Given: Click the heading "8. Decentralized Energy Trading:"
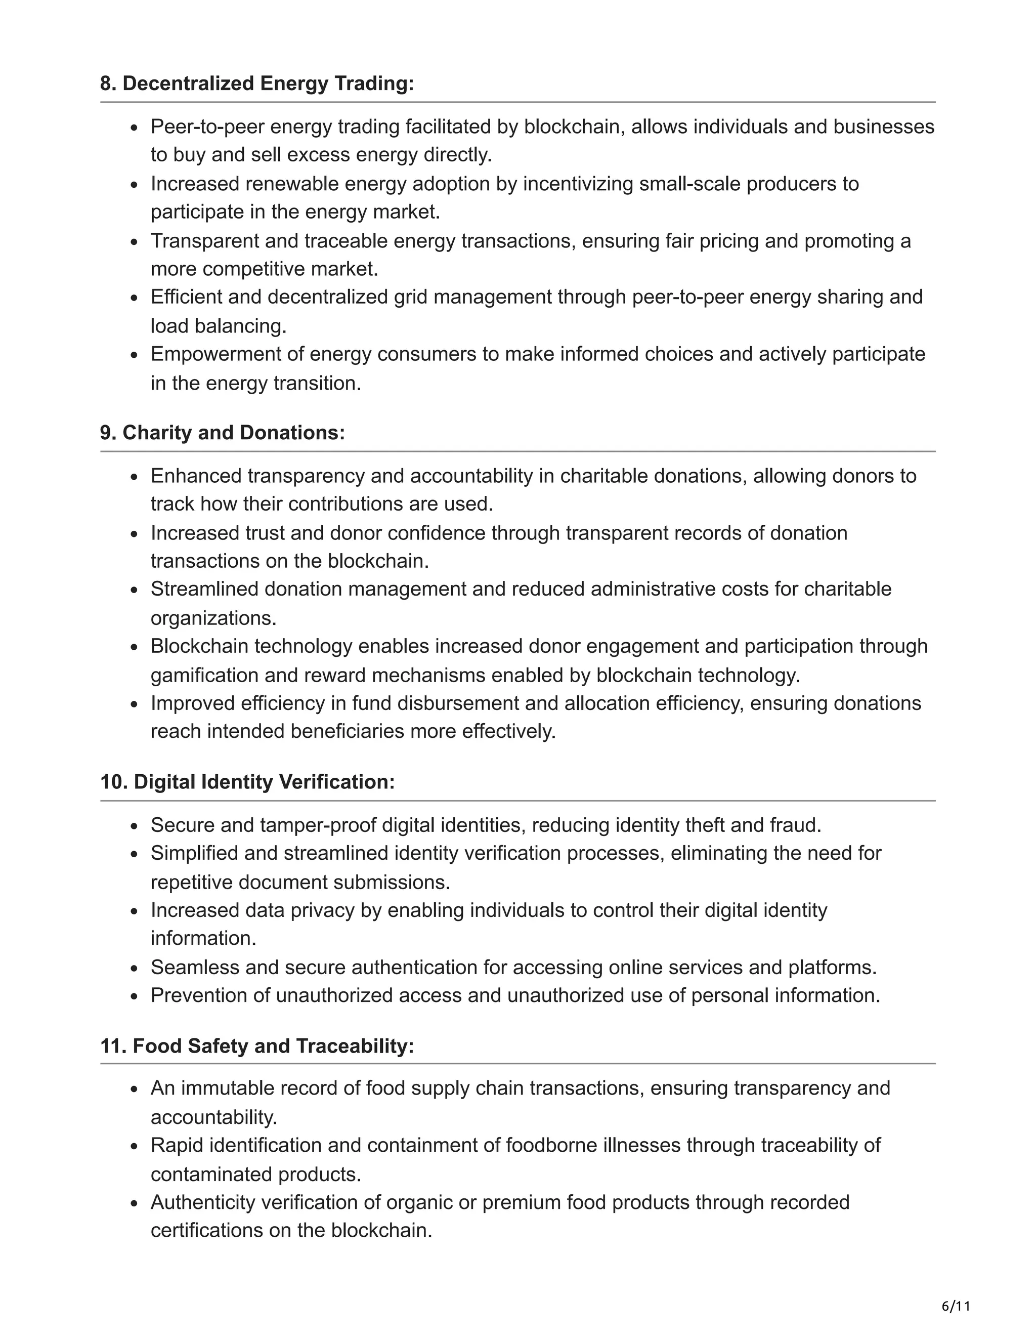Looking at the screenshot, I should [x=257, y=83].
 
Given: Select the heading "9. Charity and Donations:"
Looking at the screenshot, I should [x=222, y=433].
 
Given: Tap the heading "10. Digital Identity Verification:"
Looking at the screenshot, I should [x=247, y=782].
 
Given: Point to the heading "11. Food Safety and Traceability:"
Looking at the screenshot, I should [x=257, y=1045].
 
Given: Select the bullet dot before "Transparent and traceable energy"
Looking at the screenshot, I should [x=135, y=242].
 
